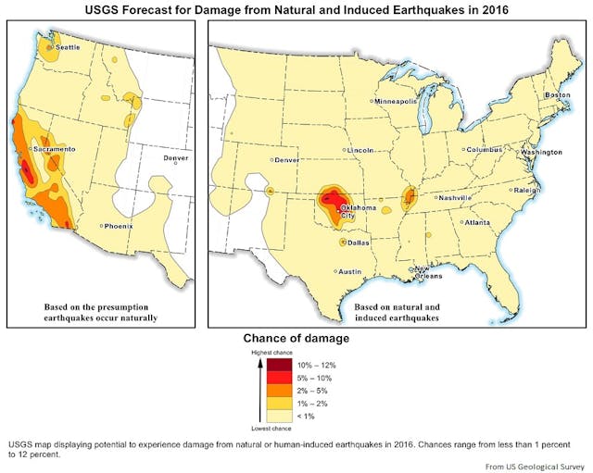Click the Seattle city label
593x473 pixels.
[68, 46]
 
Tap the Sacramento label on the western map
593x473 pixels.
[55, 149]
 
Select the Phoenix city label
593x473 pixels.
[119, 226]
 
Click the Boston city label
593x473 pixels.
[557, 95]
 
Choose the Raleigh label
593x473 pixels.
[527, 190]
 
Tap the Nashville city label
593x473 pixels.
[456, 197]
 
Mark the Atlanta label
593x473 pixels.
[477, 222]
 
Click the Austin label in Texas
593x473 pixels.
[349, 271]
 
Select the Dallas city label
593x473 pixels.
[359, 243]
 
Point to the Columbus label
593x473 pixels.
[484, 149]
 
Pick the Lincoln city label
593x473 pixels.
[360, 150]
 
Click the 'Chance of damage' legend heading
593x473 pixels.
[296, 338]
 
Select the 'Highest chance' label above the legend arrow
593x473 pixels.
[271, 353]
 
